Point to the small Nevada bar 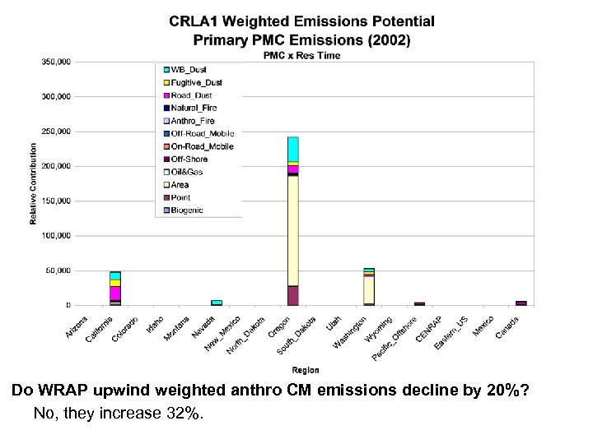[217, 302]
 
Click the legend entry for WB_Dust [186, 70]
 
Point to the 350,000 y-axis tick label [55, 62]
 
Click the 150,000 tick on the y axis [55, 201]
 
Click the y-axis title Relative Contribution [34, 183]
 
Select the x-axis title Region [305, 371]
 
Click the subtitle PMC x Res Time [301, 55]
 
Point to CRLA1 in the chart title [196, 21]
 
